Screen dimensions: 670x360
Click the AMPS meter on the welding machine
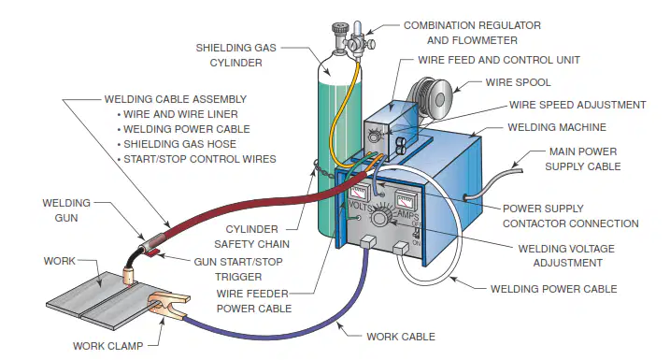coord(404,200)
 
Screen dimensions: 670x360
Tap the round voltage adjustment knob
coord(379,217)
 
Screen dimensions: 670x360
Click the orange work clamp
coord(167,304)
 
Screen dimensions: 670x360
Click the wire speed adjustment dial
coord(375,136)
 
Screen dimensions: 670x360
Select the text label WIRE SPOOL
coord(518,82)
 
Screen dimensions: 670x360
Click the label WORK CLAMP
coord(107,346)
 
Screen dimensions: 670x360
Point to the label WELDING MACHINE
coord(557,127)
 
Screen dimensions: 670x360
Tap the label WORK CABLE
coord(401,337)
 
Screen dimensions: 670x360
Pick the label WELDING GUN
coord(66,210)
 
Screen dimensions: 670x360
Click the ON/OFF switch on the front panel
coord(416,233)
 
